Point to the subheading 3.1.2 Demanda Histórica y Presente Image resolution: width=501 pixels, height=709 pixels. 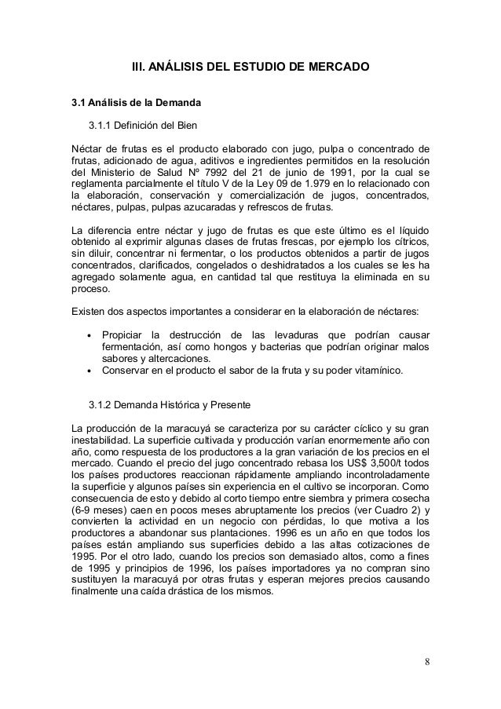coord(169,406)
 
